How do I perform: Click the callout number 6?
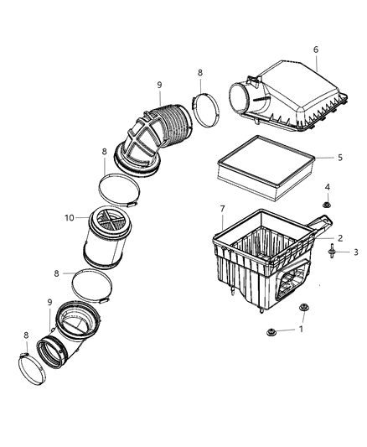[x=316, y=49]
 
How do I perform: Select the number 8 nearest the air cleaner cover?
[x=199, y=74]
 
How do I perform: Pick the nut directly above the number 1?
[x=302, y=307]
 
